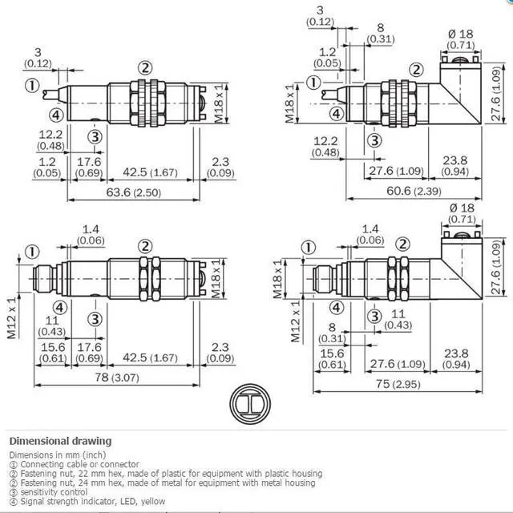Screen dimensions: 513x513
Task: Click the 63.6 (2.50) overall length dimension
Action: tap(134, 192)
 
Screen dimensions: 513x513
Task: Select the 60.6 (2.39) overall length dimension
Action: tap(414, 191)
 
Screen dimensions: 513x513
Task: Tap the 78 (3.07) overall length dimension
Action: tap(117, 378)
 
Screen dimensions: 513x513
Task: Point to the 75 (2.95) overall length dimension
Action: tap(398, 384)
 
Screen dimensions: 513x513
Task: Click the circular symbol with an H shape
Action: tap(250, 404)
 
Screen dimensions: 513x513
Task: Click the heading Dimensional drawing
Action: tap(61, 441)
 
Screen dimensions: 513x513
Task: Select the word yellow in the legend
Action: tap(153, 501)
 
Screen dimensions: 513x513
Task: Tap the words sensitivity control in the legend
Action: tap(54, 492)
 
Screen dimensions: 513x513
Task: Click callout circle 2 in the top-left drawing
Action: tap(145, 67)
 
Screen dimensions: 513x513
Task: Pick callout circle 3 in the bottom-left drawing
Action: tap(95, 319)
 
